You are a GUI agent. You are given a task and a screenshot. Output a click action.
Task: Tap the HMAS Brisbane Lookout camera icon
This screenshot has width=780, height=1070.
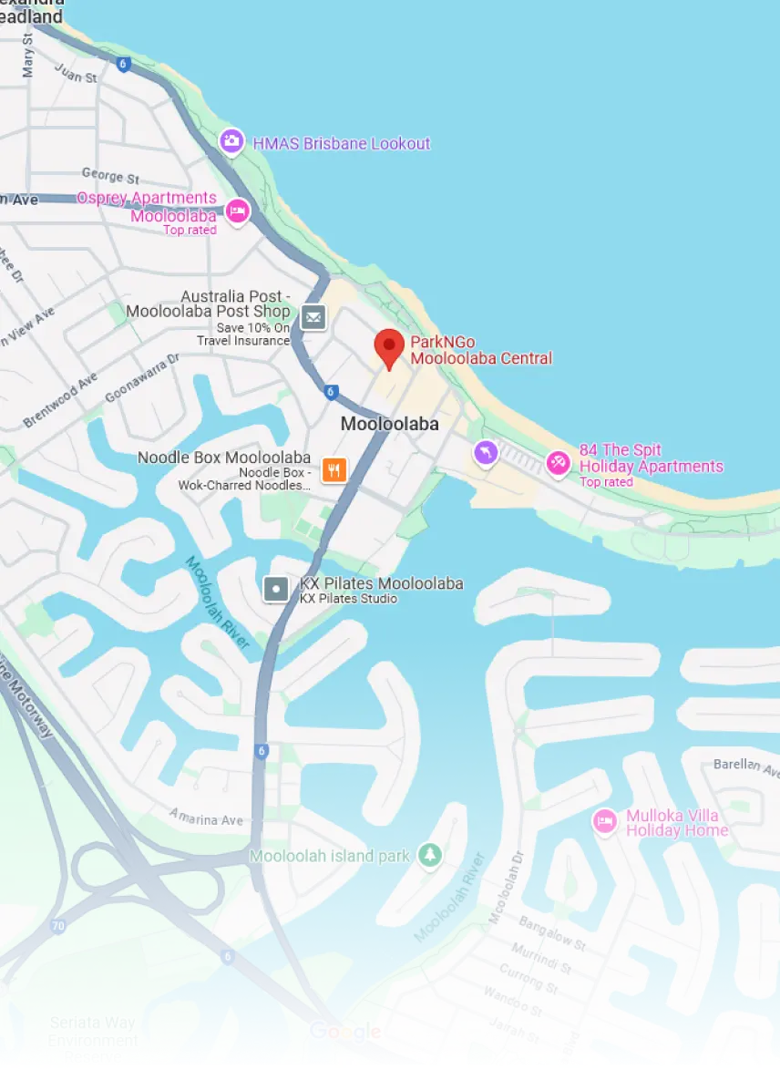pos(232,141)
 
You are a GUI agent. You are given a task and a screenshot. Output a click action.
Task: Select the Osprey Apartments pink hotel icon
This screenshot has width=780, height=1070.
pos(237,211)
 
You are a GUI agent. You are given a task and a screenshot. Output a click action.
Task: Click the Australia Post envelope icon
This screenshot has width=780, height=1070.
pos(313,317)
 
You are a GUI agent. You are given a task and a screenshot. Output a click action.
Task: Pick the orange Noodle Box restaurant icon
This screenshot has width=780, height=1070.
pos(335,469)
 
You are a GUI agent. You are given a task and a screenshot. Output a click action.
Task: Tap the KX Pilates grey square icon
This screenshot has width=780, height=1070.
pos(276,589)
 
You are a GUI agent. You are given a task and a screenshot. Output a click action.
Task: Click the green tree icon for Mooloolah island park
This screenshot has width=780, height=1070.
pos(429,855)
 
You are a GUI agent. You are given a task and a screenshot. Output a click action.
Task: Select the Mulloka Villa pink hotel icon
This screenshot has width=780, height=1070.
pos(603,821)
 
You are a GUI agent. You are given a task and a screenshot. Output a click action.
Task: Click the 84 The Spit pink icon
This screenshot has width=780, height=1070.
pos(558,463)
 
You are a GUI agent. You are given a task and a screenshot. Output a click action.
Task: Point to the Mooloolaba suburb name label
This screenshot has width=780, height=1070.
pos(389,424)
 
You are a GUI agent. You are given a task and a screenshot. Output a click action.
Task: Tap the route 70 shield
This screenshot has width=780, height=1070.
pos(58,926)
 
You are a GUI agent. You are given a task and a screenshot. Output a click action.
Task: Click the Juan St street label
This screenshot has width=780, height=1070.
pos(76,72)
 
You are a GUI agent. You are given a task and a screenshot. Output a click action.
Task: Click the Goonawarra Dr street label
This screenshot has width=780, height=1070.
pos(143,379)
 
